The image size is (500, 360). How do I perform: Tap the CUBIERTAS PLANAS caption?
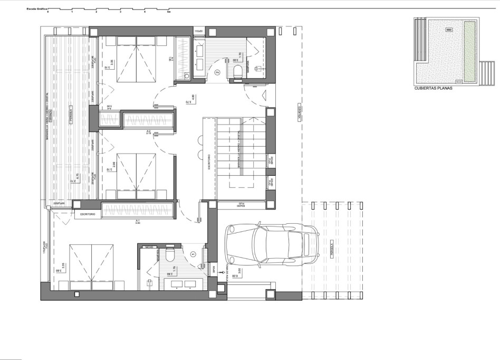coord(434,89)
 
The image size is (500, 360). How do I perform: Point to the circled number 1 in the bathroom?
coord(193,253)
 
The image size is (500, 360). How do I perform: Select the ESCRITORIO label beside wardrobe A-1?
coord(87,215)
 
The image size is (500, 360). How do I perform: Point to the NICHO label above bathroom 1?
coord(149,247)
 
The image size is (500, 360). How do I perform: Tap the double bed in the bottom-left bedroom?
coord(91,267)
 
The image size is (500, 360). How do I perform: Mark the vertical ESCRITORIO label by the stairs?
coord(209,161)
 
